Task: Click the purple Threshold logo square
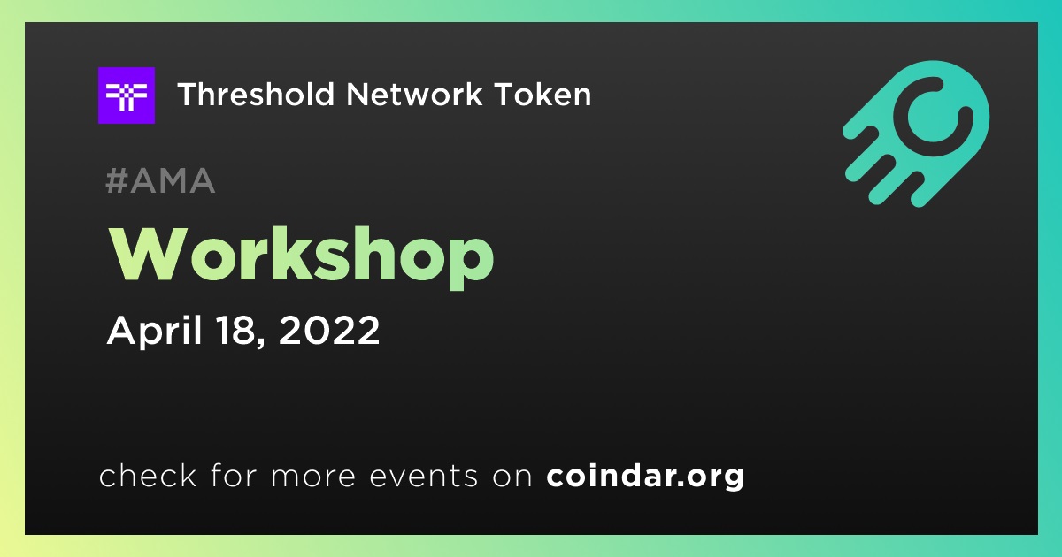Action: tap(126, 95)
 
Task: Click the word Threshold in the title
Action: tap(256, 94)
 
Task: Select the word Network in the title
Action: tap(414, 94)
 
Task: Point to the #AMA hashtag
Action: tap(160, 180)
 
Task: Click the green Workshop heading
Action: tap(302, 256)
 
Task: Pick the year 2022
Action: tap(329, 330)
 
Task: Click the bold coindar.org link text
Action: tap(645, 477)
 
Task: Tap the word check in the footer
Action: tap(148, 476)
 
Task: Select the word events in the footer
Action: tap(424, 477)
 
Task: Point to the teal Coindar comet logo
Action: tap(916, 134)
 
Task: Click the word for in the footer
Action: tap(234, 476)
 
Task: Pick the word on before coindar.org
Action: tap(512, 477)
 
